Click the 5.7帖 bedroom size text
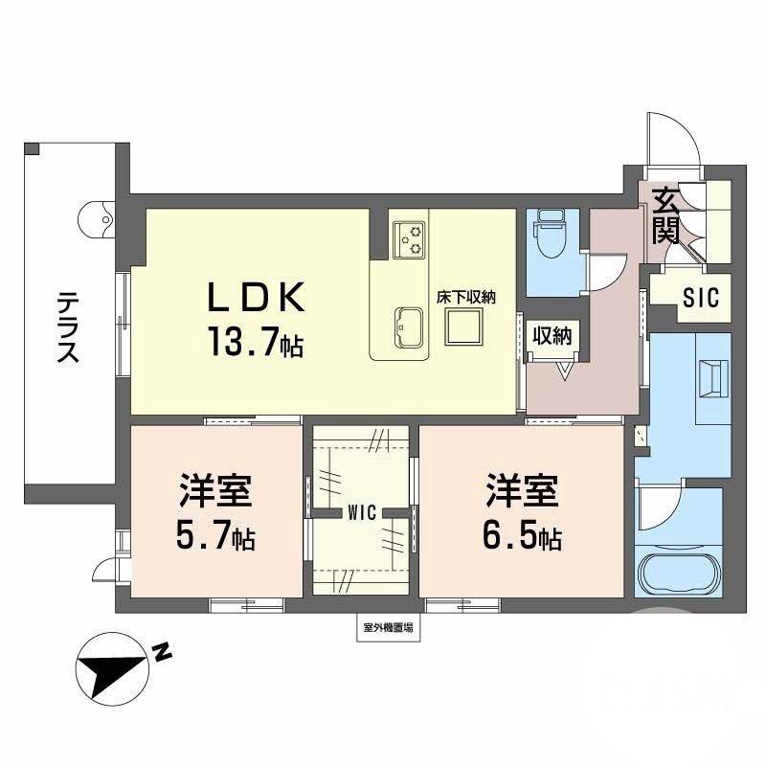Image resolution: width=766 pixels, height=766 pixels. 214,539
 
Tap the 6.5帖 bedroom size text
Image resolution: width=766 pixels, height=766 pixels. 521,539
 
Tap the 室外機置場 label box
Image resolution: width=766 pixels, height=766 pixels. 389,629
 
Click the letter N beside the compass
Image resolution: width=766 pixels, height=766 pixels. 162,654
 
